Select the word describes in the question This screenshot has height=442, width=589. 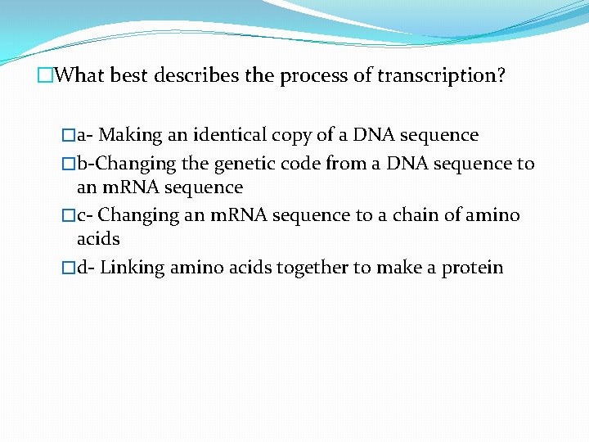tap(200, 76)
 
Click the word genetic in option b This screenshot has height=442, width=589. tap(243, 164)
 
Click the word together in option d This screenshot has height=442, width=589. tap(313, 268)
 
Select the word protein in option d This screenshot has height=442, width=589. tap(473, 268)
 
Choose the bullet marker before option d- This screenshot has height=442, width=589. tap(69, 268)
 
